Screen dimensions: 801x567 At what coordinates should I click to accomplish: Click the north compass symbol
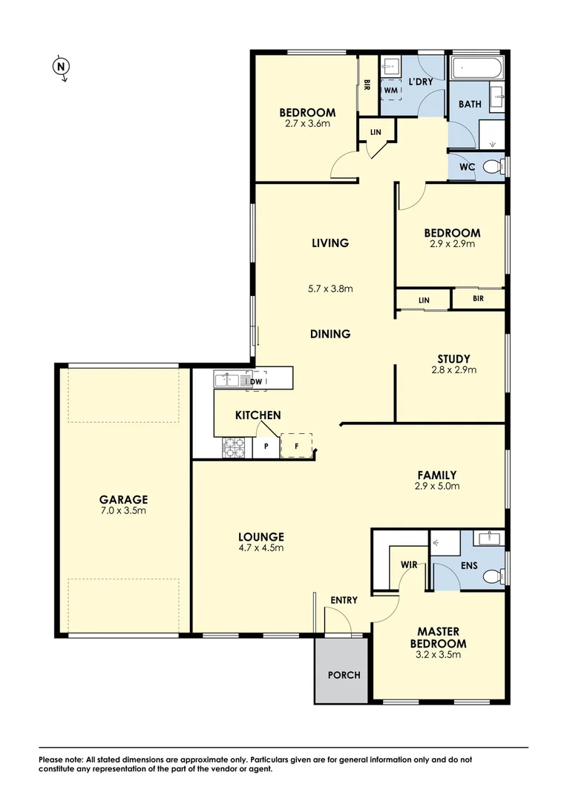[62, 68]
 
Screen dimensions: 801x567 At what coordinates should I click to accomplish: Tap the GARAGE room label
[124, 499]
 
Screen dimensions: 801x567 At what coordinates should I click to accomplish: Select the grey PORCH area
[343, 674]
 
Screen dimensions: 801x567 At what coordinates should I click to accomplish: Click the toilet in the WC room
[492, 168]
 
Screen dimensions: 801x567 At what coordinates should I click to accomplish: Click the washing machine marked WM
[390, 89]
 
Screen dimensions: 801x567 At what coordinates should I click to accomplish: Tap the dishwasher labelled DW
[256, 381]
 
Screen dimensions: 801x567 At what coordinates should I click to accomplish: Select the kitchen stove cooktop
[235, 446]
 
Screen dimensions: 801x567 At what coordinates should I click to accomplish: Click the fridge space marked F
[297, 446]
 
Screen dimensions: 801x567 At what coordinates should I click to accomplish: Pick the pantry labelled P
[266, 446]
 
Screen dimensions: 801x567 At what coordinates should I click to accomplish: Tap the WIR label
[409, 564]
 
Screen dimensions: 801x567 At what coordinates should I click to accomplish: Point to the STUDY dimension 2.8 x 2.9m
[453, 369]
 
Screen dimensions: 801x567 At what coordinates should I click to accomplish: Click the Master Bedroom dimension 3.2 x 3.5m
[438, 654]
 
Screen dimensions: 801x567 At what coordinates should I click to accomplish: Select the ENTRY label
[344, 599]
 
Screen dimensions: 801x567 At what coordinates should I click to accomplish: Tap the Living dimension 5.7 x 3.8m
[330, 288]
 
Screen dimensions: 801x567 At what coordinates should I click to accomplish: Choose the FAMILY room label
[436, 475]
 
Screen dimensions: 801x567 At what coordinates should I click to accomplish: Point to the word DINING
[330, 334]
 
